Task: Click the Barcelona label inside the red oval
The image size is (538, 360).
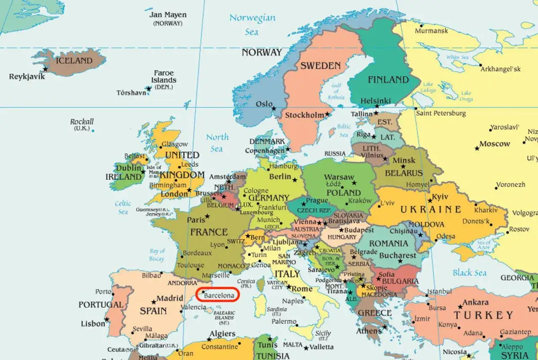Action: click(219, 296)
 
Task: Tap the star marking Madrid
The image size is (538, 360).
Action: click(153, 302)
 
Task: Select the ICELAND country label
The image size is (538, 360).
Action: click(74, 60)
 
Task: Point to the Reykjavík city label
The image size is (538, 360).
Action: click(27, 76)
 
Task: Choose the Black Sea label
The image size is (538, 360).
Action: click(469, 273)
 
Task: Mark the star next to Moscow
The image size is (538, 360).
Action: click(477, 148)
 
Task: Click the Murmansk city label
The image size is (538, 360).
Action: click(431, 31)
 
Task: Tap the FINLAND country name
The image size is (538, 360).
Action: click(388, 79)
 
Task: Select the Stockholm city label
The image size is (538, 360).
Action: click(305, 115)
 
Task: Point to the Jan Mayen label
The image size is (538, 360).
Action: click(168, 15)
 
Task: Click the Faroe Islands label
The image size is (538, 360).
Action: click(164, 76)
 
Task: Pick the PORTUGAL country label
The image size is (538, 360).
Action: click(101, 305)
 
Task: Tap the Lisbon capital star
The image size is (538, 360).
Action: click(107, 320)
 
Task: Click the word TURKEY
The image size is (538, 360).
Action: click(483, 315)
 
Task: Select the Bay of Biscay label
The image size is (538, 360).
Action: click(157, 255)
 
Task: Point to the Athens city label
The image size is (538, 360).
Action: click(369, 331)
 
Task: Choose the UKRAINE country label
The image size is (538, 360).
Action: click(430, 210)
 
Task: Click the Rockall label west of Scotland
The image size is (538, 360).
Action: click(82, 122)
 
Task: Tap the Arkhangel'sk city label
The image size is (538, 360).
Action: click(500, 69)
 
